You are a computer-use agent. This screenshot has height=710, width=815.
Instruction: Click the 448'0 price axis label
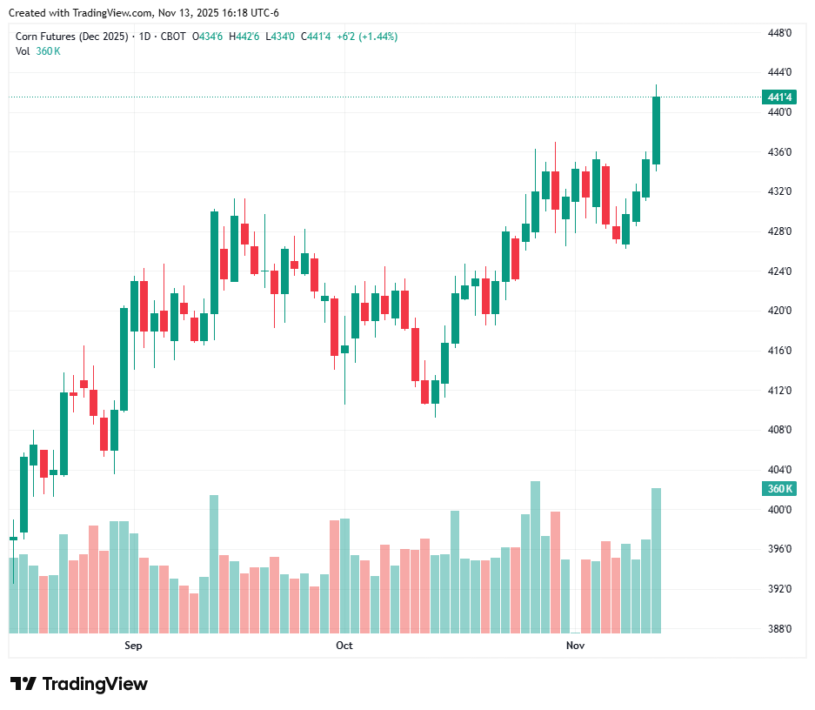click(x=779, y=33)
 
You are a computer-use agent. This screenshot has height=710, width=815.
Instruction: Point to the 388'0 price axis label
click(x=779, y=629)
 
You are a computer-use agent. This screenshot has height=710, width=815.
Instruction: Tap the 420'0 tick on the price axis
click(x=779, y=311)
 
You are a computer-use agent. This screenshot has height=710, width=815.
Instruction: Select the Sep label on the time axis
click(x=133, y=646)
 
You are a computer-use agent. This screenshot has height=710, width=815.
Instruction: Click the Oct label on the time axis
click(x=344, y=646)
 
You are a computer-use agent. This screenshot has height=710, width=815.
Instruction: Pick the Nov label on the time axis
click(x=574, y=646)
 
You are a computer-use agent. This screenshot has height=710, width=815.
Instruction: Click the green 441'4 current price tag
click(x=778, y=97)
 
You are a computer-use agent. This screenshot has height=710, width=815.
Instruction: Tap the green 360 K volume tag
click(x=778, y=489)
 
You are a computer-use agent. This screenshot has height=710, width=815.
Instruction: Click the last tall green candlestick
click(x=657, y=131)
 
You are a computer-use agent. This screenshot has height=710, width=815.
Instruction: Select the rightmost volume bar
click(x=657, y=560)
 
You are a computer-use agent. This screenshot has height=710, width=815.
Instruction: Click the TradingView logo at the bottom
click(x=78, y=684)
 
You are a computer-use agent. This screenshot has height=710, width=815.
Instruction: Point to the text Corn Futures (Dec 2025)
click(x=70, y=37)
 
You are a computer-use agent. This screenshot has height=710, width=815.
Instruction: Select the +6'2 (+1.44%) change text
click(x=367, y=37)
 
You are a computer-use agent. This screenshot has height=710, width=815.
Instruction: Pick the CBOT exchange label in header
click(x=174, y=37)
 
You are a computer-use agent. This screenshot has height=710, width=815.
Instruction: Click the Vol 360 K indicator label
click(x=38, y=51)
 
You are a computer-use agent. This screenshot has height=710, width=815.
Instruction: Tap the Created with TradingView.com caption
click(x=144, y=13)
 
